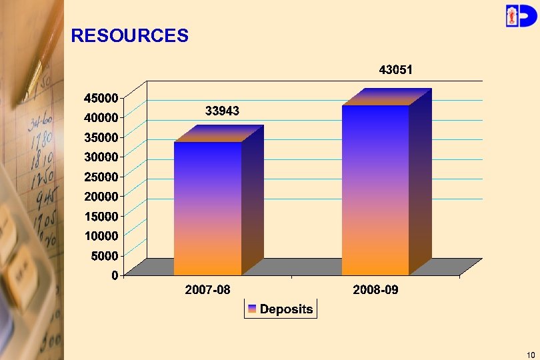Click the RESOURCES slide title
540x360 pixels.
[129, 36]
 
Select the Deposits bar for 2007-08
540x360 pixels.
[208, 207]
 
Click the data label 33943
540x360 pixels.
[222, 111]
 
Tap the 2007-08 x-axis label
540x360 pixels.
[207, 291]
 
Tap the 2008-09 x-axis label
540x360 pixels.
[375, 291]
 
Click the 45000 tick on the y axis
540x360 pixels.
[101, 97]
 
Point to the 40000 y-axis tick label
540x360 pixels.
[101, 117]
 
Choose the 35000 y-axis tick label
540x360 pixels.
[101, 137]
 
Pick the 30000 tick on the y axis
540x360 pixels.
[101, 156]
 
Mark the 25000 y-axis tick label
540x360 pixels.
[101, 176]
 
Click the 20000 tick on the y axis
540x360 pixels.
[101, 196]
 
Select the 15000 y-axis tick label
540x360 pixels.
[101, 215]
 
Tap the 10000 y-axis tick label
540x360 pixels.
[101, 235]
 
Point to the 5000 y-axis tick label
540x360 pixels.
[105, 255]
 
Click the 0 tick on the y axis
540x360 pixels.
[115, 275]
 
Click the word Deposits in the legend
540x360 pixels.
[286, 309]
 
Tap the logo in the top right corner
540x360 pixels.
[519, 15]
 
